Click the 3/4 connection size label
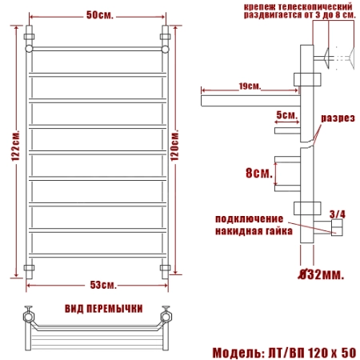tap(337, 214)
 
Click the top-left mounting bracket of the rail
tap(30, 37)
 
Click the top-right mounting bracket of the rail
tap(166, 37)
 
